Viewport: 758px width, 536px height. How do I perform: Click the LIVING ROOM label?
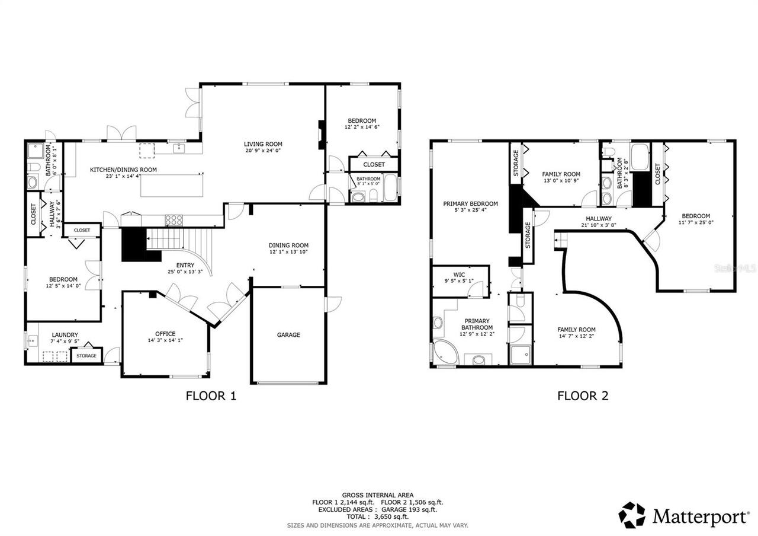(x=263, y=144)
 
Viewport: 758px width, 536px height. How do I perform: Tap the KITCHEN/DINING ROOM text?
(x=123, y=170)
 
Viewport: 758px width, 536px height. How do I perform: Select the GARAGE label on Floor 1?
(x=288, y=335)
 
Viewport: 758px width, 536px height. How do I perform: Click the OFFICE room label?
(x=165, y=334)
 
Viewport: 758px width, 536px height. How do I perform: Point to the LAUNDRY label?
(x=65, y=335)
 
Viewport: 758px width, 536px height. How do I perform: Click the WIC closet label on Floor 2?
(x=460, y=275)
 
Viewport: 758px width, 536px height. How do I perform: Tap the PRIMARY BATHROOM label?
(x=477, y=324)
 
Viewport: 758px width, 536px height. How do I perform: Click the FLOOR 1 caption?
(x=211, y=396)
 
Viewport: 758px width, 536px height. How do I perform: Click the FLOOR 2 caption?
(x=583, y=396)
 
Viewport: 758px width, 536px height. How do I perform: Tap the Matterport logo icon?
(x=632, y=515)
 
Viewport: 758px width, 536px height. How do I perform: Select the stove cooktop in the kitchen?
(x=174, y=221)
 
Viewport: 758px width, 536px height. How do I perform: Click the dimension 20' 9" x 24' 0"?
(x=263, y=151)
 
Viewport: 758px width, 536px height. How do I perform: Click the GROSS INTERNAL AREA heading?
(x=377, y=495)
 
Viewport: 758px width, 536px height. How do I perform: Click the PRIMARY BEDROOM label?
(x=470, y=203)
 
